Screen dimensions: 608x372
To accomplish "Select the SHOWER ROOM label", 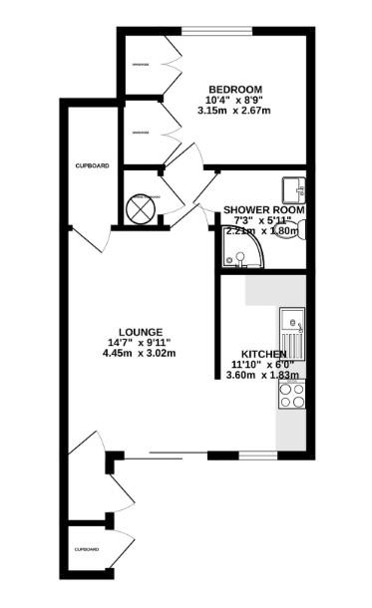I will point(263,209).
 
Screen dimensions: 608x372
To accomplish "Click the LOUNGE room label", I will point(140,331).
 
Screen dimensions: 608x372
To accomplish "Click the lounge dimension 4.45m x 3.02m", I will point(141,353).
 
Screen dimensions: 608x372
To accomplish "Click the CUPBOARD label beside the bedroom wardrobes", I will point(92,165).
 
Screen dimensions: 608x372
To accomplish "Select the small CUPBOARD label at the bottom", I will point(86,549).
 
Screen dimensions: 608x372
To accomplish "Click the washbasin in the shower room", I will point(292,188).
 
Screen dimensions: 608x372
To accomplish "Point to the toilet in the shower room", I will point(299,229).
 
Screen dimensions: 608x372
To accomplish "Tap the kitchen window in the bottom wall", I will point(256,456).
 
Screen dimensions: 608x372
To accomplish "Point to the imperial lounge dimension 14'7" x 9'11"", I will point(141,342).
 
